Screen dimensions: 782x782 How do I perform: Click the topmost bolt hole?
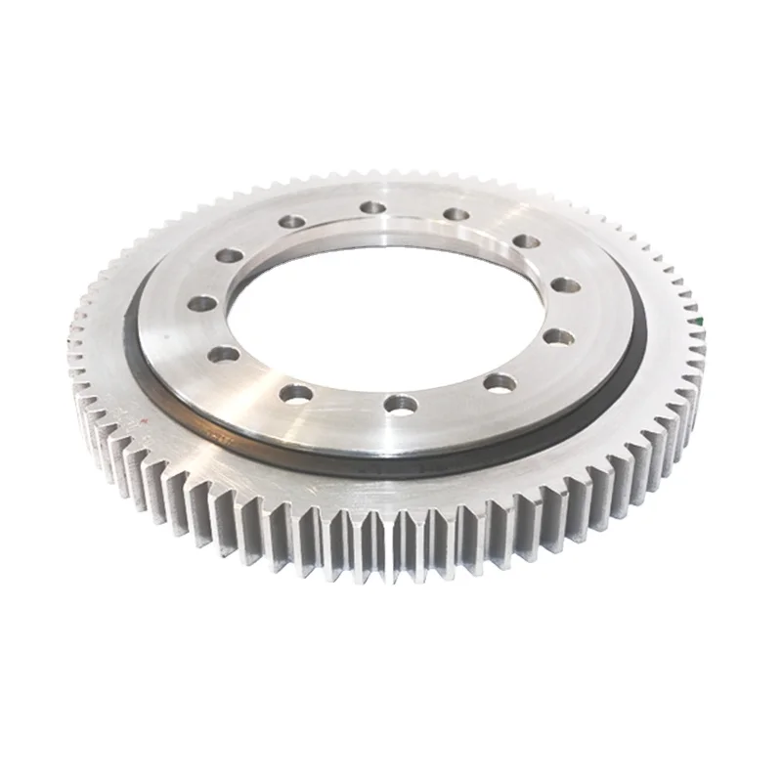(x=371, y=207)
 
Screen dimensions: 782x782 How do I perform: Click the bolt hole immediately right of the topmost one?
(x=455, y=214)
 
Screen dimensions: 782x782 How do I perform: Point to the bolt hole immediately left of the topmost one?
(x=290, y=222)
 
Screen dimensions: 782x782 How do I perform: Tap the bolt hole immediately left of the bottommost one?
(x=295, y=393)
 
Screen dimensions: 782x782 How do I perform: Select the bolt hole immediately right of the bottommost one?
(x=499, y=382)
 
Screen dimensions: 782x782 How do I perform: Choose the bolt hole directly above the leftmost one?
(x=229, y=256)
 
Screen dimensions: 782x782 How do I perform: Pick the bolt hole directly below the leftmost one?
(x=224, y=353)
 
